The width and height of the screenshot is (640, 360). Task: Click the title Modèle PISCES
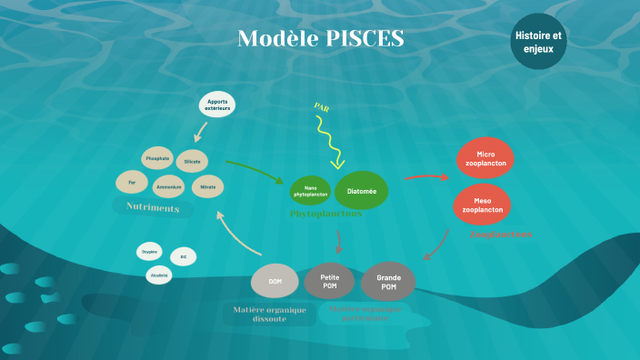click(320, 39)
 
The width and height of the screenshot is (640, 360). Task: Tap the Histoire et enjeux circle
click(538, 41)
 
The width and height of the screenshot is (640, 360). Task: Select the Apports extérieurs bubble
click(218, 105)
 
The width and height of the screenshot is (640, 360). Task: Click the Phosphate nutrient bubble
click(157, 158)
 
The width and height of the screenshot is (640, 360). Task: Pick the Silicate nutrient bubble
click(192, 161)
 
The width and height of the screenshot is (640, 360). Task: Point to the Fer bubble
click(132, 182)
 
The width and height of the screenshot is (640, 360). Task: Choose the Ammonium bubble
click(169, 187)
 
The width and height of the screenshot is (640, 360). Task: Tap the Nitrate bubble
click(207, 186)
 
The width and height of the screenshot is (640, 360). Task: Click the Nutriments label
click(152, 208)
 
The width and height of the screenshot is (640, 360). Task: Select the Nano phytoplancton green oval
click(310, 192)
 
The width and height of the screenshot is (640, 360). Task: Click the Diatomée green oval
click(361, 190)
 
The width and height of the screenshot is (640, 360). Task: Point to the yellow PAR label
click(321, 106)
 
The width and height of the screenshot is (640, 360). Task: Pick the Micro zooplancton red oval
click(485, 158)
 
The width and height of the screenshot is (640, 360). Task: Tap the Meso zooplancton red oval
click(482, 204)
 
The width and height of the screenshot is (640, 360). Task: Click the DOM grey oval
click(275, 282)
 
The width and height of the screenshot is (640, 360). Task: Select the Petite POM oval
click(329, 282)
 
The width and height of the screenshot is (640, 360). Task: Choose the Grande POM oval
click(388, 282)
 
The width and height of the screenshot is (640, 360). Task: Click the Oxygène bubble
click(150, 251)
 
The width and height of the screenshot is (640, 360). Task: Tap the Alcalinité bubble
click(159, 275)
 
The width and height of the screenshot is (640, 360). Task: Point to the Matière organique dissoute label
click(269, 315)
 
